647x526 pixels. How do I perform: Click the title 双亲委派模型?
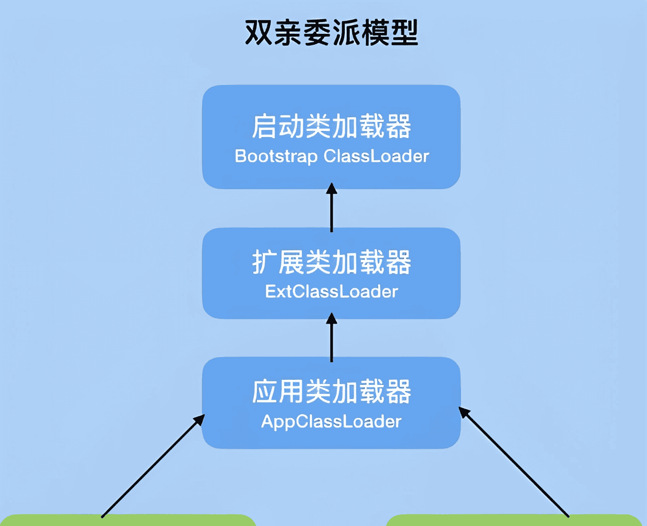[331, 33]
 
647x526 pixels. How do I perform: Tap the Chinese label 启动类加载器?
[331, 126]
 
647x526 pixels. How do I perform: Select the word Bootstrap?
[276, 156]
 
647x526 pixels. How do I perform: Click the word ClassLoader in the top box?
[376, 156]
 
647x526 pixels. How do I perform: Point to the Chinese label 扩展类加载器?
[331, 262]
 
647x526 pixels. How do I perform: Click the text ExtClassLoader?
[331, 292]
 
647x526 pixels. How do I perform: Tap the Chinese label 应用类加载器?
[331, 392]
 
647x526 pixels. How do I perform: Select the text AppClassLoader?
[331, 422]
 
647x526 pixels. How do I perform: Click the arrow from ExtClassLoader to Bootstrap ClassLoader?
[332, 210]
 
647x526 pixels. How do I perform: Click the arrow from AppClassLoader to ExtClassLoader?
[332, 339]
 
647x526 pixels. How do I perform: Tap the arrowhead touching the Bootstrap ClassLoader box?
[332, 189]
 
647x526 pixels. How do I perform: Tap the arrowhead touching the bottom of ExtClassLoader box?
[332, 319]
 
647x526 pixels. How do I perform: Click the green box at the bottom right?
[513, 520]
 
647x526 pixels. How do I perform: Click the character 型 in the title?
[404, 33]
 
